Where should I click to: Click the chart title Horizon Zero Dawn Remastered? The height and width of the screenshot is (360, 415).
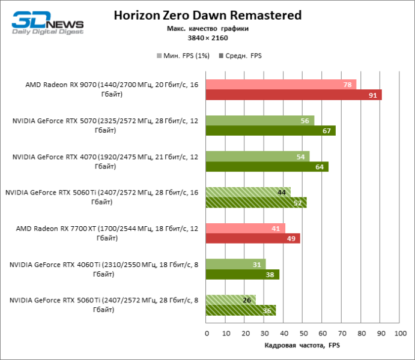coord(207,15)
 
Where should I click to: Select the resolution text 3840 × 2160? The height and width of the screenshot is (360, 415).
coord(207,38)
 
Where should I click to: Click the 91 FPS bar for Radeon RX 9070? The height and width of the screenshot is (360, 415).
coord(294,95)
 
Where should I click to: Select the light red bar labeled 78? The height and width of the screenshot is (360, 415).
coord(281,85)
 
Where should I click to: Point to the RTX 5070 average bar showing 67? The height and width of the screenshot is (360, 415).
coord(270,131)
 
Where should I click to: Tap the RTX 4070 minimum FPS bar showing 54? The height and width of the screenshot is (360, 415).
coord(258,157)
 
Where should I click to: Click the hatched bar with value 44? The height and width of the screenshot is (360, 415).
coord(248,192)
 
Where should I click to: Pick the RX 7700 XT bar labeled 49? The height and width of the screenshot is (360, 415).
coord(253,239)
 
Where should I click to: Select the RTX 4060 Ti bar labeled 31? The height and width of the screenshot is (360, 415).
coord(235,264)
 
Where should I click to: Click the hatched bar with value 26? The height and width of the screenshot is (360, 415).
coord(231,300)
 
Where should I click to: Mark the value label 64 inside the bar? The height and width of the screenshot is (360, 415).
coord(318,167)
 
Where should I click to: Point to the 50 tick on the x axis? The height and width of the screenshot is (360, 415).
coord(303,333)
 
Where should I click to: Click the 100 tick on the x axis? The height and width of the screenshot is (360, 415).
coord(399,333)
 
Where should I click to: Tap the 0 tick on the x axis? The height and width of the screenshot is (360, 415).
coord(206,333)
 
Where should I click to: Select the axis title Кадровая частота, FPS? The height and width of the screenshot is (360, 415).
coord(302,346)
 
